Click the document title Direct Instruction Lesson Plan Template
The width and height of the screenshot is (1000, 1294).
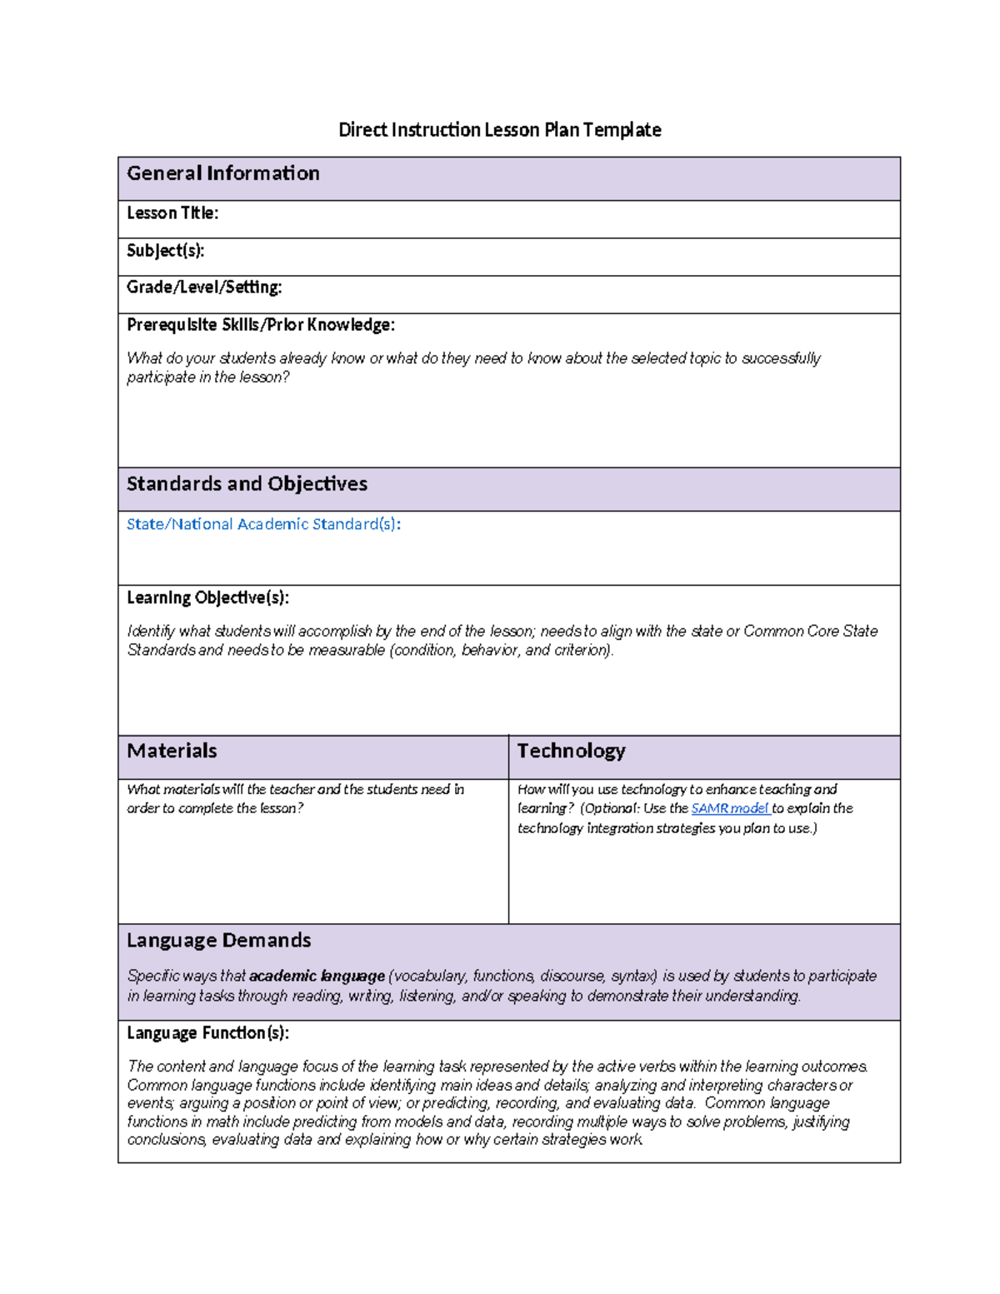point(499,130)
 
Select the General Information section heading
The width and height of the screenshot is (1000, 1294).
point(222,173)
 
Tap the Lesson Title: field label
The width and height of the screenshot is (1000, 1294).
point(172,213)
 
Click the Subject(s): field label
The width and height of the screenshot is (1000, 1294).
point(165,251)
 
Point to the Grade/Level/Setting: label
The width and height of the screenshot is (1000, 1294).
point(204,287)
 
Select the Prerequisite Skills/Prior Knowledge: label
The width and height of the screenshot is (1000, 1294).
point(260,325)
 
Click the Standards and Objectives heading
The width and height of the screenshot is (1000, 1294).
point(247,484)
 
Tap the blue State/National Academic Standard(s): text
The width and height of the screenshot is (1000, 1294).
point(263,524)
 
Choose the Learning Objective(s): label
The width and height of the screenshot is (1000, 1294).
point(207,598)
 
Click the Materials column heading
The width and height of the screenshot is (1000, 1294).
point(172,751)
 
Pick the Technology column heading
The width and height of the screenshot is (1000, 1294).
point(571,751)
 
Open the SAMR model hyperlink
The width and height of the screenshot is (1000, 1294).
point(729,808)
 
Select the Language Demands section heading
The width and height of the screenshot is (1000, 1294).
point(218,941)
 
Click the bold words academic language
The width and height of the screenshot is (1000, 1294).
point(317,976)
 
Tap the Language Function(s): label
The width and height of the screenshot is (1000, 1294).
point(207,1033)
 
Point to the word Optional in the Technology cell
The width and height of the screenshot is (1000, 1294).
point(610,808)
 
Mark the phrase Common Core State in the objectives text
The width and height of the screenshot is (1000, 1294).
point(810,632)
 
